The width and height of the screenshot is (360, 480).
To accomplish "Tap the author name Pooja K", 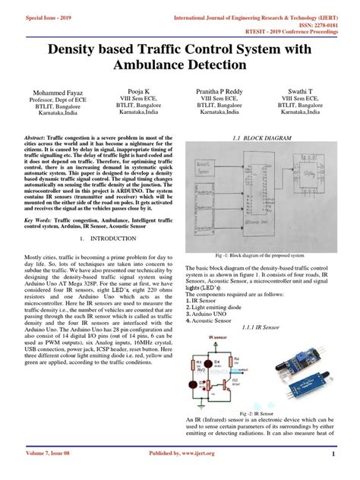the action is pyautogui.click(x=137, y=90).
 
